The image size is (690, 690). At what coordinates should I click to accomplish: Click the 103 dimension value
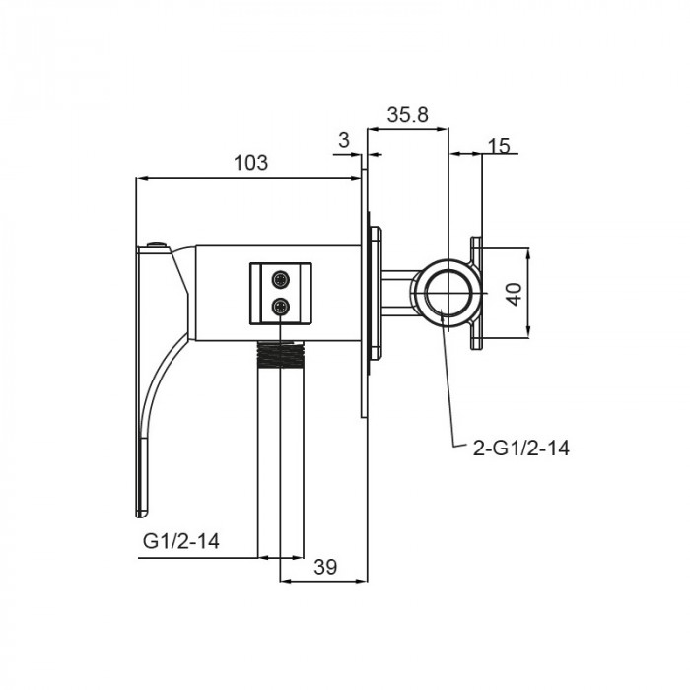[x=250, y=163]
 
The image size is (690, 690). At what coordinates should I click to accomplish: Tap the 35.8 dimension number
[x=407, y=115]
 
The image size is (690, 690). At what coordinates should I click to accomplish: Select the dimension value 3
[x=344, y=140]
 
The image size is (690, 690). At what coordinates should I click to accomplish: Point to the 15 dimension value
[x=499, y=145]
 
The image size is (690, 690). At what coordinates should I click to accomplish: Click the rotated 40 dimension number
[x=514, y=294]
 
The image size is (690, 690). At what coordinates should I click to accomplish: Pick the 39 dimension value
[x=325, y=567]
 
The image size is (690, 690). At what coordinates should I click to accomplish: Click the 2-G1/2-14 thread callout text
[x=521, y=448]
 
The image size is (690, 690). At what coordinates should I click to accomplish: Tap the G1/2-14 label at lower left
[x=180, y=541]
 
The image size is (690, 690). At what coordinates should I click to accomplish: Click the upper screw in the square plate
[x=281, y=279]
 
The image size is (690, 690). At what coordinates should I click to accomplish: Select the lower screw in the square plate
[x=281, y=307]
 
